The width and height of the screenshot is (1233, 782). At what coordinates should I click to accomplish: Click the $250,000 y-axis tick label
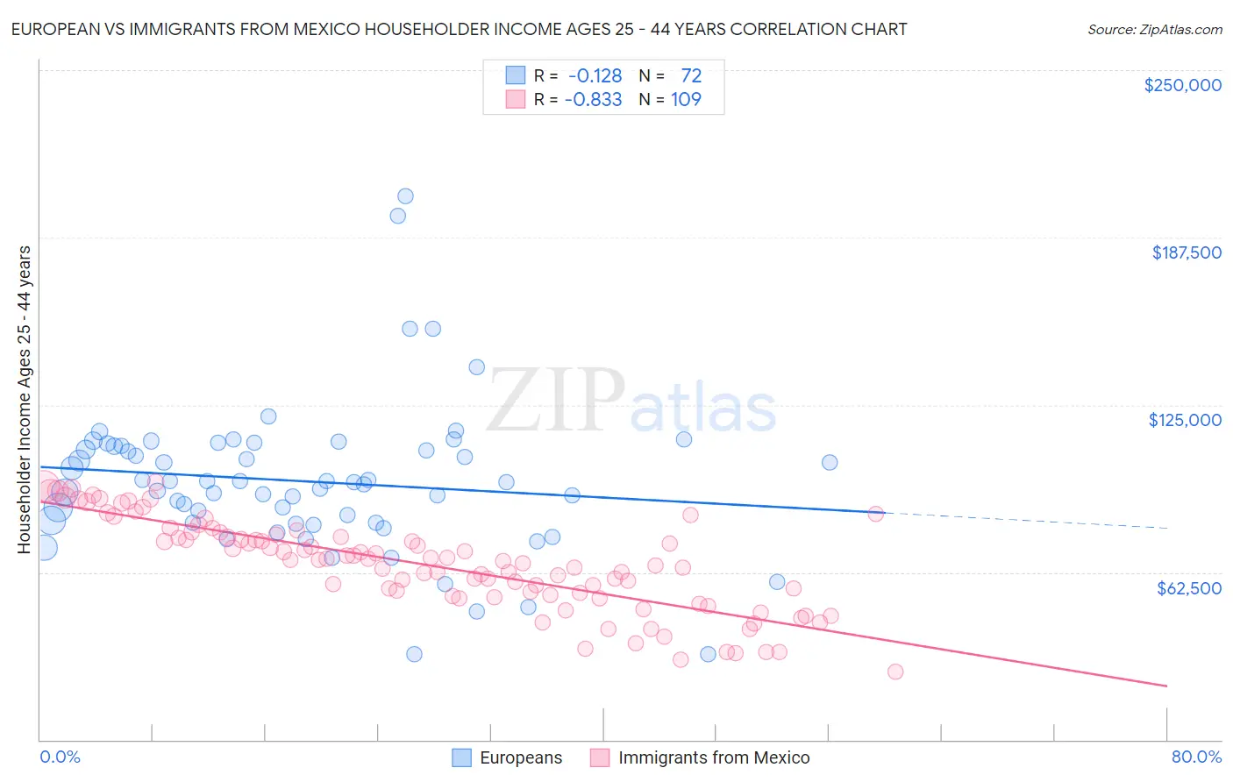coord(1182,85)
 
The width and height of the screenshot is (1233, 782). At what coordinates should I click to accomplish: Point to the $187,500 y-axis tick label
coord(1186,252)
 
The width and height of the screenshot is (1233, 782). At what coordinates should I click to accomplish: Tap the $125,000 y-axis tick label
coord(1185,420)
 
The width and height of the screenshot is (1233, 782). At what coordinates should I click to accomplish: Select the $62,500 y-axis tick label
coord(1188,588)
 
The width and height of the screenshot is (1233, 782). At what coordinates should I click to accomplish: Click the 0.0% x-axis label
coord(60,757)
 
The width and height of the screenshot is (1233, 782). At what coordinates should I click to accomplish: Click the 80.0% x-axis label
coord(1196,757)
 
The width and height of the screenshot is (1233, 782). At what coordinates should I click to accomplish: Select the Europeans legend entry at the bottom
coord(507,757)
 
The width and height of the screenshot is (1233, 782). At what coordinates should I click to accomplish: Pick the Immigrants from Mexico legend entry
coord(699,757)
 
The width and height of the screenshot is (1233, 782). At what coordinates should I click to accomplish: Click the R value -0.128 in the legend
coord(593,76)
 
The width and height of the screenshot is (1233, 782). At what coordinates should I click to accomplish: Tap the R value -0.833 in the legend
coord(593,99)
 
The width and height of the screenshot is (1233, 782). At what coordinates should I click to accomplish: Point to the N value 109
coord(686,99)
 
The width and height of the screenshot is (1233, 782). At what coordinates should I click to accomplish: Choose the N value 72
coord(691,76)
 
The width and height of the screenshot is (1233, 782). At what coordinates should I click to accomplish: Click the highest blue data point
coord(405,196)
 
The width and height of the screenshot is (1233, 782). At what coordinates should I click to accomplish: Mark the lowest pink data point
coord(895,672)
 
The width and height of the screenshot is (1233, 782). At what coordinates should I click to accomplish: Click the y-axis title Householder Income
coord(24,399)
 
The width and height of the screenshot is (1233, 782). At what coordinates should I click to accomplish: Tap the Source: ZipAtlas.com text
coord(1154,30)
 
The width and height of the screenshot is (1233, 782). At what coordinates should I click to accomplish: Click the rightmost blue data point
coord(830,462)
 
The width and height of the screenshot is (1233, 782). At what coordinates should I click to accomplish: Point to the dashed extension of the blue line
coord(1026,520)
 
